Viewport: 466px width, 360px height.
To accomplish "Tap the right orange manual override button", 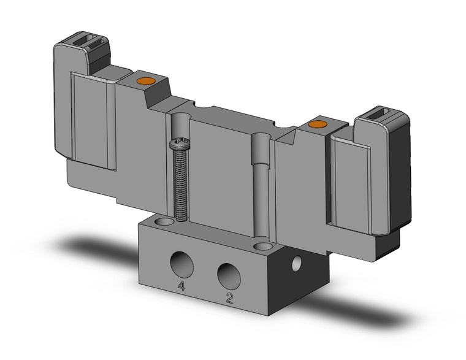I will [x=316, y=126].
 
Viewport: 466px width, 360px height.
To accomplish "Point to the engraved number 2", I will [x=230, y=298].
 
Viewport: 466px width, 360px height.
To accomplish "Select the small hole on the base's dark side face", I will [x=298, y=264].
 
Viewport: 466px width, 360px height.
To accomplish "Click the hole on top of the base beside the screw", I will [x=164, y=220].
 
